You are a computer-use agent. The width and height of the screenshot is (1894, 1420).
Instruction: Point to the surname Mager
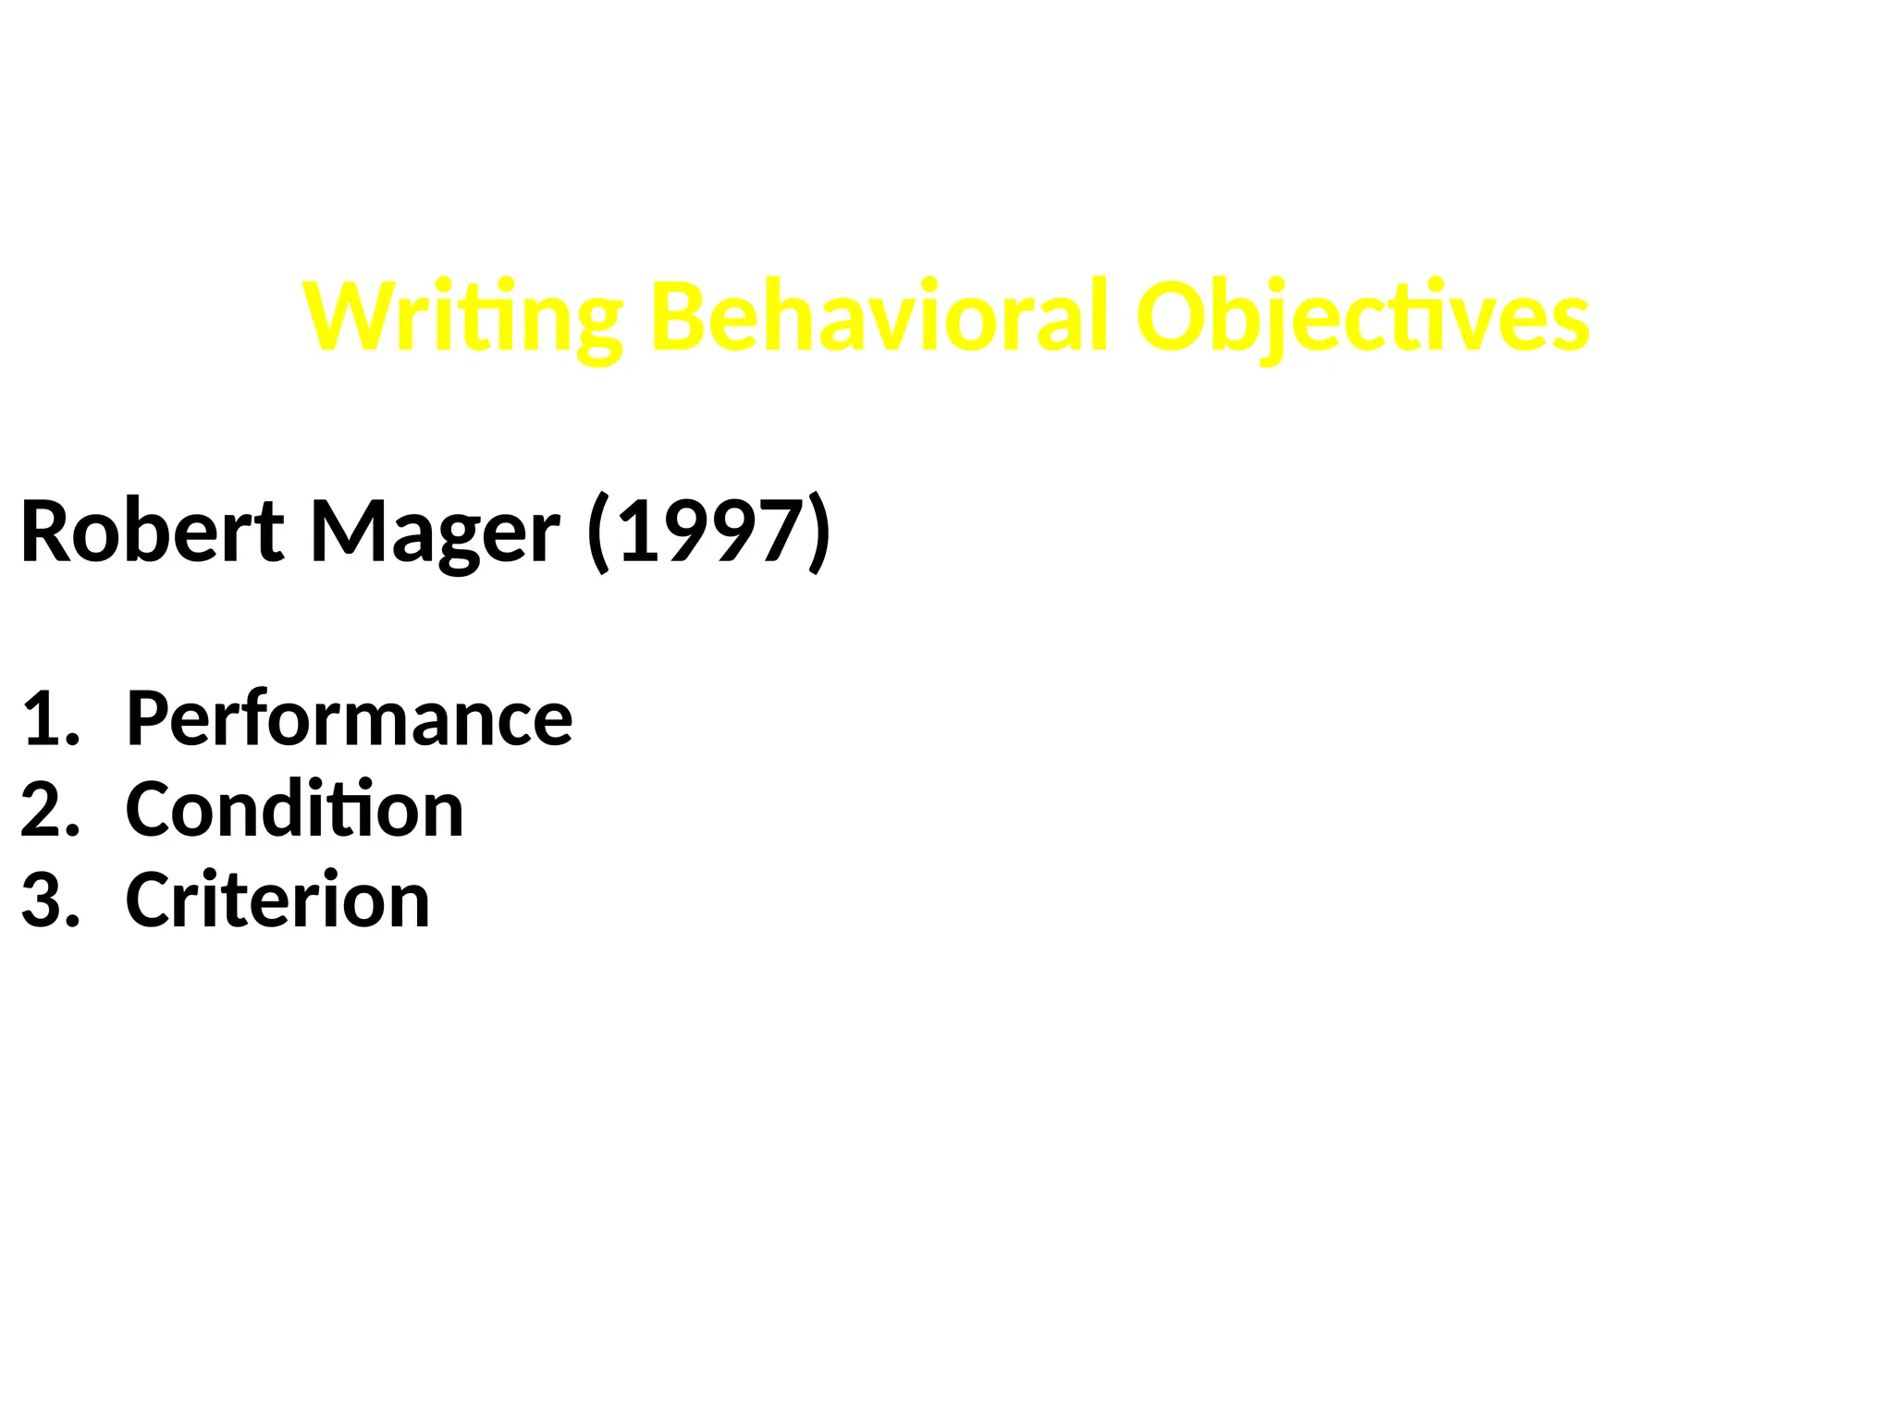(435, 533)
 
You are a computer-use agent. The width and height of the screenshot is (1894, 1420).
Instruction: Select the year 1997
(710, 532)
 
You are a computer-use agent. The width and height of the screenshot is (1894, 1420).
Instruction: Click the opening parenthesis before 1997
(598, 533)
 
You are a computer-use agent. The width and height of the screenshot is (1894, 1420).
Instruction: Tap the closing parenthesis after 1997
(819, 533)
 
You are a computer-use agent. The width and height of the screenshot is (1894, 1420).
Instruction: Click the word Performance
(350, 719)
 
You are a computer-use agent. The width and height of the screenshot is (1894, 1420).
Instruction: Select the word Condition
(294, 810)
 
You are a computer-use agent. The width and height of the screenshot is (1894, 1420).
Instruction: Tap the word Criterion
(277, 900)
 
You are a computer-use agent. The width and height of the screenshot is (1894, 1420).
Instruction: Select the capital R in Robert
(46, 532)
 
